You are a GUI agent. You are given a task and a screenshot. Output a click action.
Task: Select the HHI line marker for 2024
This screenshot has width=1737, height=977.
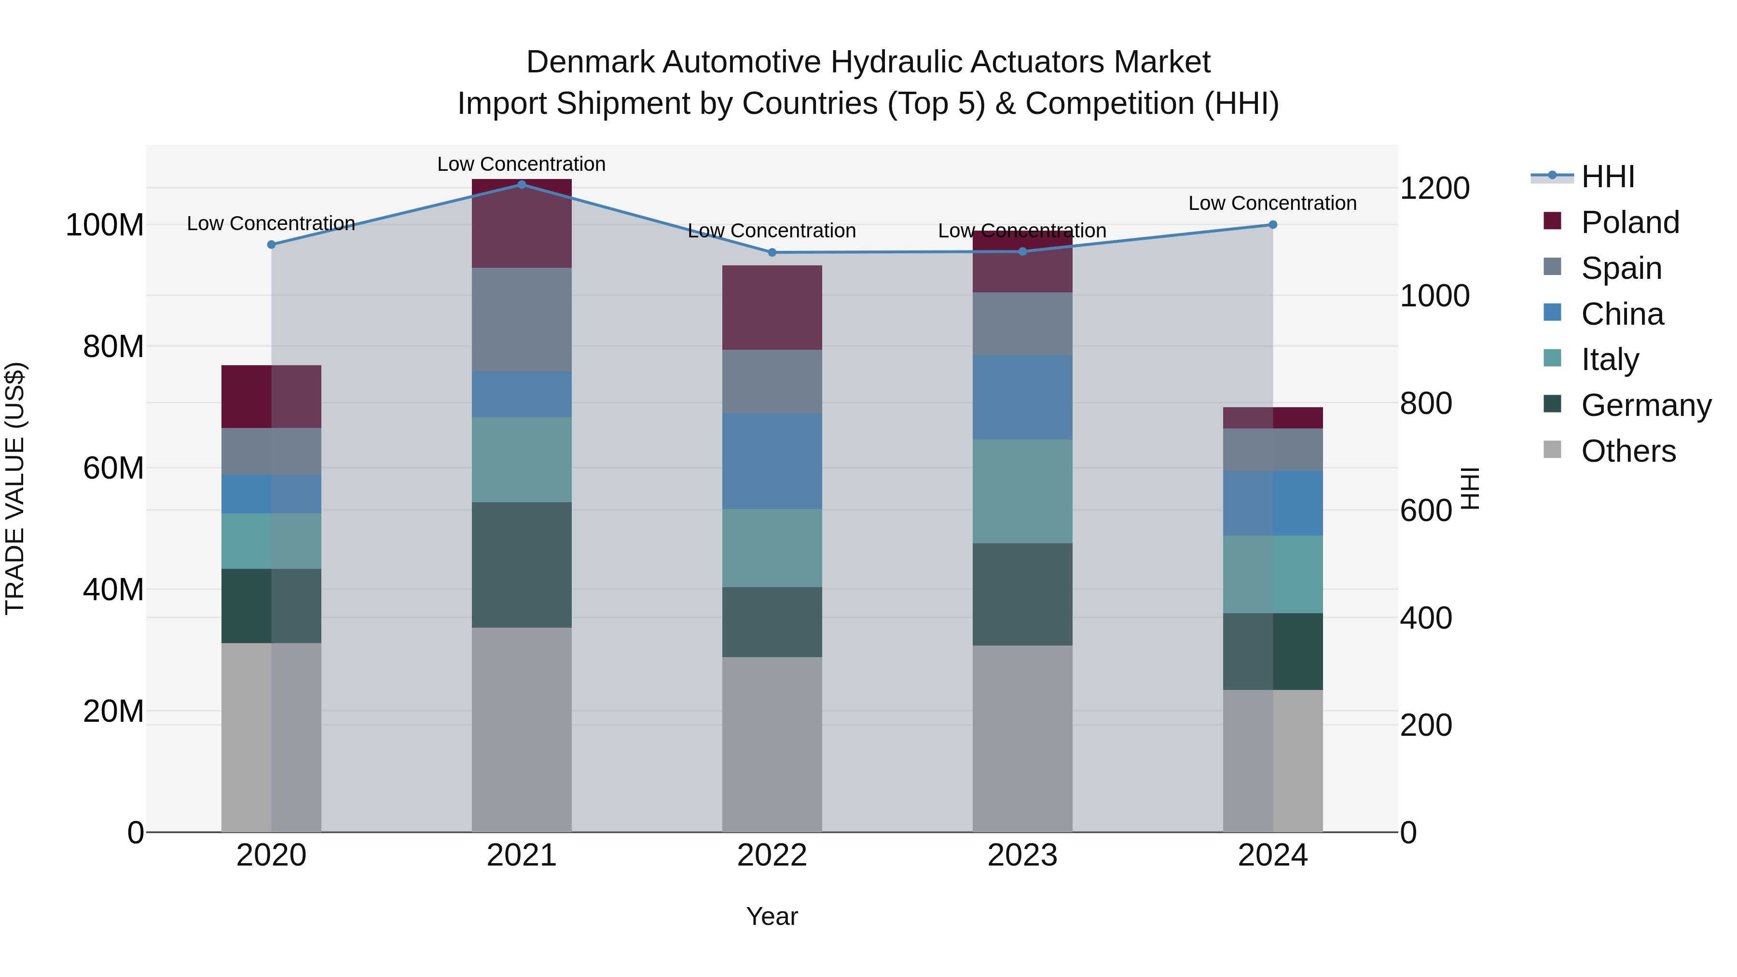tap(1272, 224)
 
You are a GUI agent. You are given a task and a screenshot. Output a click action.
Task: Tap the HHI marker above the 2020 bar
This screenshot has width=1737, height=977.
tap(271, 245)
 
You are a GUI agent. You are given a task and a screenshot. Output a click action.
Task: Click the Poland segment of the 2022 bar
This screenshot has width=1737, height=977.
tap(772, 307)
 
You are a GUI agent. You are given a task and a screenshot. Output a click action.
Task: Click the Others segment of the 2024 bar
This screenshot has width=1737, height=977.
tap(1272, 760)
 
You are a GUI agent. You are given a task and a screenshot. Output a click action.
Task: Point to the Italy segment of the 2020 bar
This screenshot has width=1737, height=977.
tap(271, 541)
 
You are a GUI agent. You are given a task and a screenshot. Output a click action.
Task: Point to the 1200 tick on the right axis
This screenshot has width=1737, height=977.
tap(1434, 188)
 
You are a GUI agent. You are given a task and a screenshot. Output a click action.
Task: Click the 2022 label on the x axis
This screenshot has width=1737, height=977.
tap(772, 855)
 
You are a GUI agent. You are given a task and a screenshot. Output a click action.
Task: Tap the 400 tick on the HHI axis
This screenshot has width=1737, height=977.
tap(1425, 618)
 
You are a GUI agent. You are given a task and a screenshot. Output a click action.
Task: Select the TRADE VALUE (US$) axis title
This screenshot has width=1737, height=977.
tap(15, 488)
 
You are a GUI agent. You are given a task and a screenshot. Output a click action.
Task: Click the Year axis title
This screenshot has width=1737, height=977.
tap(772, 916)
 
